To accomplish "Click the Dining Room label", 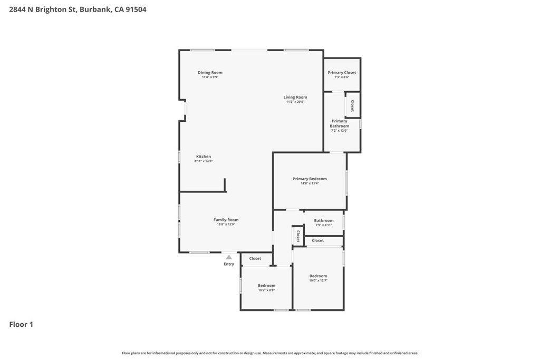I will pyautogui.click(x=210, y=73).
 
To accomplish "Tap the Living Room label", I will pyautogui.click(x=295, y=97).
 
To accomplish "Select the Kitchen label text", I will pyautogui.click(x=204, y=157).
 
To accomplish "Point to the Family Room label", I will pyautogui.click(x=226, y=220).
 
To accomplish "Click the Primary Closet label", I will pyautogui.click(x=342, y=73).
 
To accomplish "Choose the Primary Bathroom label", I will pyautogui.click(x=339, y=124).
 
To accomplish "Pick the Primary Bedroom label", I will pyautogui.click(x=310, y=179).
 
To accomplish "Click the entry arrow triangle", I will pyautogui.click(x=229, y=257).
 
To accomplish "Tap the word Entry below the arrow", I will pyautogui.click(x=229, y=264).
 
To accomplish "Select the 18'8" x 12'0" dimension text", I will pyautogui.click(x=226, y=225).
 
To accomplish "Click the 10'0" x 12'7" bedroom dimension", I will pyautogui.click(x=318, y=280).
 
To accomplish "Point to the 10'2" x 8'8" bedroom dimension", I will pyautogui.click(x=266, y=290).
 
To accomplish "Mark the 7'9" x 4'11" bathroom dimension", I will pyautogui.click(x=323, y=225).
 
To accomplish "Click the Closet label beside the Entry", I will pyautogui.click(x=255, y=259).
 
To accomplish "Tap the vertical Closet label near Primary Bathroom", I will pyautogui.click(x=352, y=106).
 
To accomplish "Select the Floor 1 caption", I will pyautogui.click(x=21, y=325).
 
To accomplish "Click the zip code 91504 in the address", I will pyautogui.click(x=136, y=9).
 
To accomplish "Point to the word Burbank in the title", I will pyautogui.click(x=95, y=9).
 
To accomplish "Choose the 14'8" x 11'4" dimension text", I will pyautogui.click(x=310, y=183).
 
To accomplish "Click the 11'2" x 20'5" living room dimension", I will pyautogui.click(x=295, y=102).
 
